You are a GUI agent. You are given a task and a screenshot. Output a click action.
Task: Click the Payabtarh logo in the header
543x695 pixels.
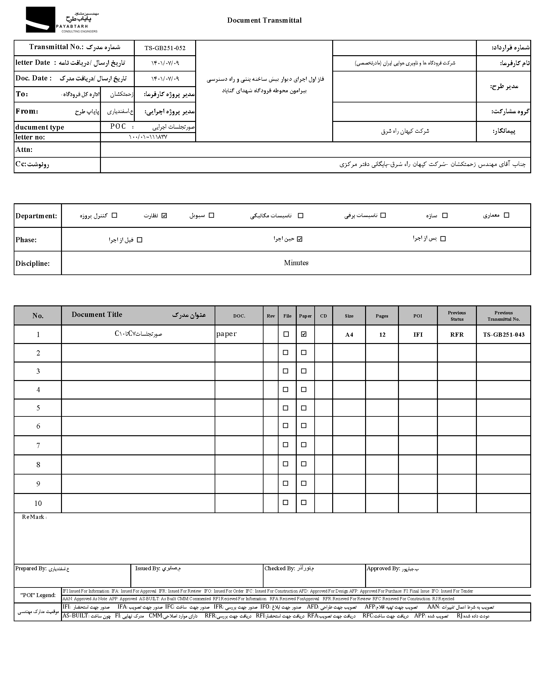(62, 20)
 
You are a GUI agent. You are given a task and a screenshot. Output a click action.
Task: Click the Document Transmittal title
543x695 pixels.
(264, 20)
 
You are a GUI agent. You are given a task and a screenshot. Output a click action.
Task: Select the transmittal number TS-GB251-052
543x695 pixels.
(165, 48)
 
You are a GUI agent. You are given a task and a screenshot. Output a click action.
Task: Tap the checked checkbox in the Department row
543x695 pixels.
(164, 216)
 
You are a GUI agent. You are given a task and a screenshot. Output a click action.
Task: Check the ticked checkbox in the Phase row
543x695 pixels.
(299, 239)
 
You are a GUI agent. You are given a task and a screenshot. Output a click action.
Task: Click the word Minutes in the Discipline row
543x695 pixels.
(296, 263)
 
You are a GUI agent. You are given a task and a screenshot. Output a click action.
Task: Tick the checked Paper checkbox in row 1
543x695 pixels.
(304, 334)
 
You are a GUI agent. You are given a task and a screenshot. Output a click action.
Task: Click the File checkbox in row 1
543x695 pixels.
(286, 334)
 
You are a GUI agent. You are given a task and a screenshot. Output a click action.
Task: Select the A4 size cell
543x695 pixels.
(349, 335)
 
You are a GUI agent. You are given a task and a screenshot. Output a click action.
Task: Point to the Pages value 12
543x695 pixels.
(382, 335)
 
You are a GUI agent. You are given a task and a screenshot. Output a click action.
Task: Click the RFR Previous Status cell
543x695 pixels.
(457, 335)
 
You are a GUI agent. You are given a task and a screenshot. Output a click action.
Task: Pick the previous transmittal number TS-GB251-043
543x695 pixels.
(504, 335)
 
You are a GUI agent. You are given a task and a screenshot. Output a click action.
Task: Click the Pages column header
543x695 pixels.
(382, 316)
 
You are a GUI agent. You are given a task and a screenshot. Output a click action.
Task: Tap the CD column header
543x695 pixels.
(324, 316)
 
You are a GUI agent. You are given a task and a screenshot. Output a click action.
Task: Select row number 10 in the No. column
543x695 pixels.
(38, 503)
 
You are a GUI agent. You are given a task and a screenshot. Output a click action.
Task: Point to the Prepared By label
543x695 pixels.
(31, 568)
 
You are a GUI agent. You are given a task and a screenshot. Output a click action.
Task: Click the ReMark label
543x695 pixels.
(34, 517)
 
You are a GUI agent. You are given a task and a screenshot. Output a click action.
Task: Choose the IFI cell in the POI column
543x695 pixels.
(418, 335)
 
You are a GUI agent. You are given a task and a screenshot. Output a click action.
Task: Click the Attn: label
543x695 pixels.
(24, 150)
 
